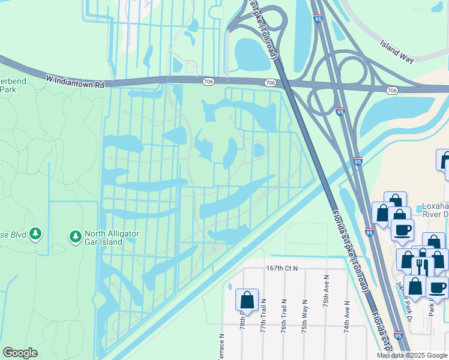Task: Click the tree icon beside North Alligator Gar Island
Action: [x=75, y=238]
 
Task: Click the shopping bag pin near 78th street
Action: [x=247, y=299]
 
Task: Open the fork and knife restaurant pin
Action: [x=423, y=266]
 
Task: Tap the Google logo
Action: [x=20, y=353]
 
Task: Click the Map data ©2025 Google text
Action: [x=412, y=355]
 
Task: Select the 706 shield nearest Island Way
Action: [x=393, y=90]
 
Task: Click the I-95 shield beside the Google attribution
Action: [x=398, y=337]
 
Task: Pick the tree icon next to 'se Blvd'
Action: [x=35, y=233]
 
